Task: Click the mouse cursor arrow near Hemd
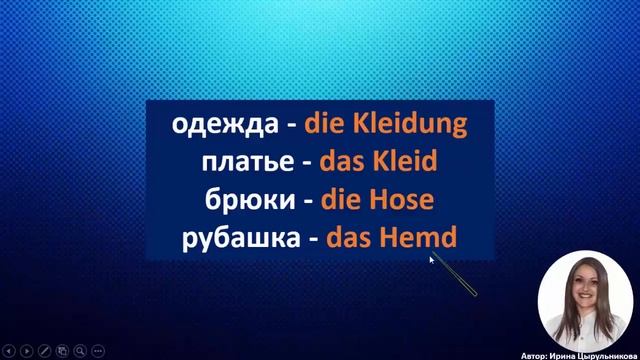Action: click(432, 258)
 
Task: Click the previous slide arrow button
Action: click(8, 351)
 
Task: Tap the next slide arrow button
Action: click(26, 351)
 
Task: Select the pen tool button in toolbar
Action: click(44, 351)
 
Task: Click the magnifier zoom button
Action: click(80, 351)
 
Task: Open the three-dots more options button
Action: click(98, 351)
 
